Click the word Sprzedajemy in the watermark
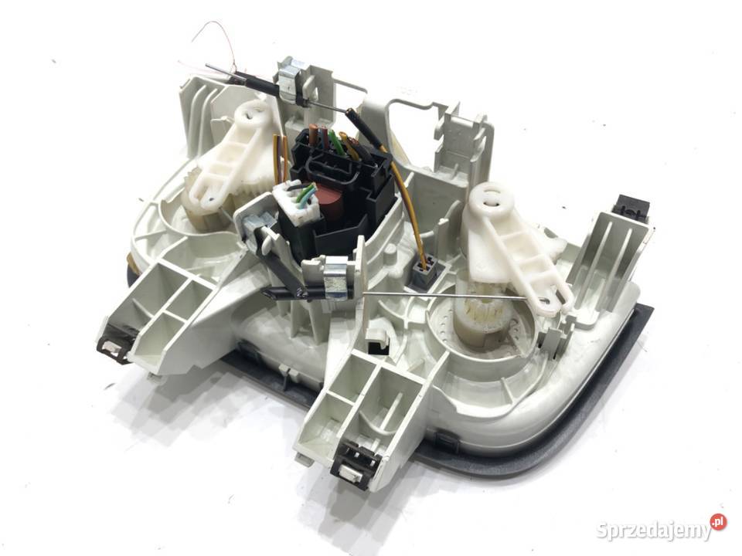[x=654, y=530]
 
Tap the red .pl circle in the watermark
[x=718, y=521]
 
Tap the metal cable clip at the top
[x=291, y=77]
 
